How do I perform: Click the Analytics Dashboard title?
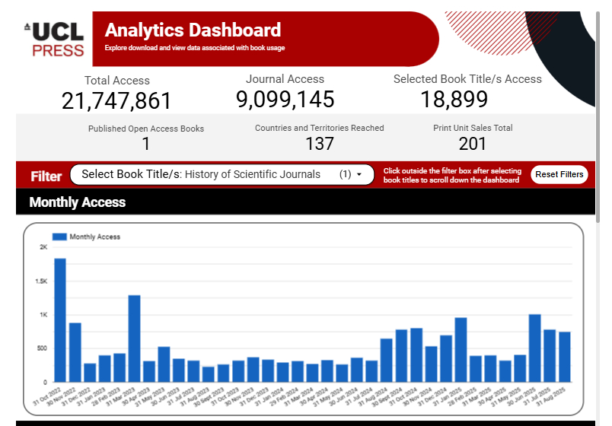point(193,30)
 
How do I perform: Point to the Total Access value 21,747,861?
point(116,100)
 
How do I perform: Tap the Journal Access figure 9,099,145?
point(285,99)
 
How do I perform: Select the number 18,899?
point(454,99)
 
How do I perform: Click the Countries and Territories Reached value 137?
point(320,143)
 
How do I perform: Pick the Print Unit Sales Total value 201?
point(473,143)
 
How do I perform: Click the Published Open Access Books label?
point(146,129)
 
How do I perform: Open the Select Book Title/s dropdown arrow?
point(359,175)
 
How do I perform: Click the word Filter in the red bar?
point(46,176)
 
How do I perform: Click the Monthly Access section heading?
point(78,202)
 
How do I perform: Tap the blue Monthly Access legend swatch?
point(59,237)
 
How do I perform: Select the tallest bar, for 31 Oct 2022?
point(60,319)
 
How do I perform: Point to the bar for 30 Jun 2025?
point(534,348)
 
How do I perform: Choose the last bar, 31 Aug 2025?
point(564,356)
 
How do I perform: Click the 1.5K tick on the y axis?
point(43,281)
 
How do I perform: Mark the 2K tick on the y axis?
point(44,247)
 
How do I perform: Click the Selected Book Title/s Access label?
point(467,79)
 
